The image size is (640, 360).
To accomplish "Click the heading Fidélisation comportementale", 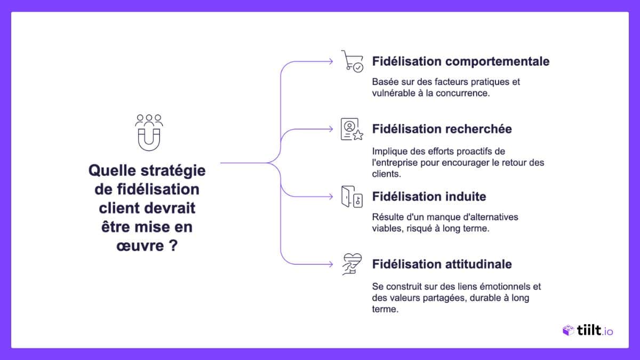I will coord(461,61).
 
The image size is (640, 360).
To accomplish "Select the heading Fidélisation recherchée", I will coord(442,129).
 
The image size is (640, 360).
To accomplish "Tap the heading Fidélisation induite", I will coord(429,196).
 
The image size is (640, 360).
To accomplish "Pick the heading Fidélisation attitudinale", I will coord(442,264).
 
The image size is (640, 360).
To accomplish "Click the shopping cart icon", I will coord(352,61).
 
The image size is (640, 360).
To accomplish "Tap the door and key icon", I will coord(352,197).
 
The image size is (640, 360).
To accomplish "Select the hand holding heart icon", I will coord(352,264).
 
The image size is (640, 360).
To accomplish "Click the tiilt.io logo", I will coord(588,331).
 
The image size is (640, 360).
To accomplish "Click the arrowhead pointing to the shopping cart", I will coord(332,61).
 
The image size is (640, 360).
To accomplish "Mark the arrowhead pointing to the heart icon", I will coord(332,264).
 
